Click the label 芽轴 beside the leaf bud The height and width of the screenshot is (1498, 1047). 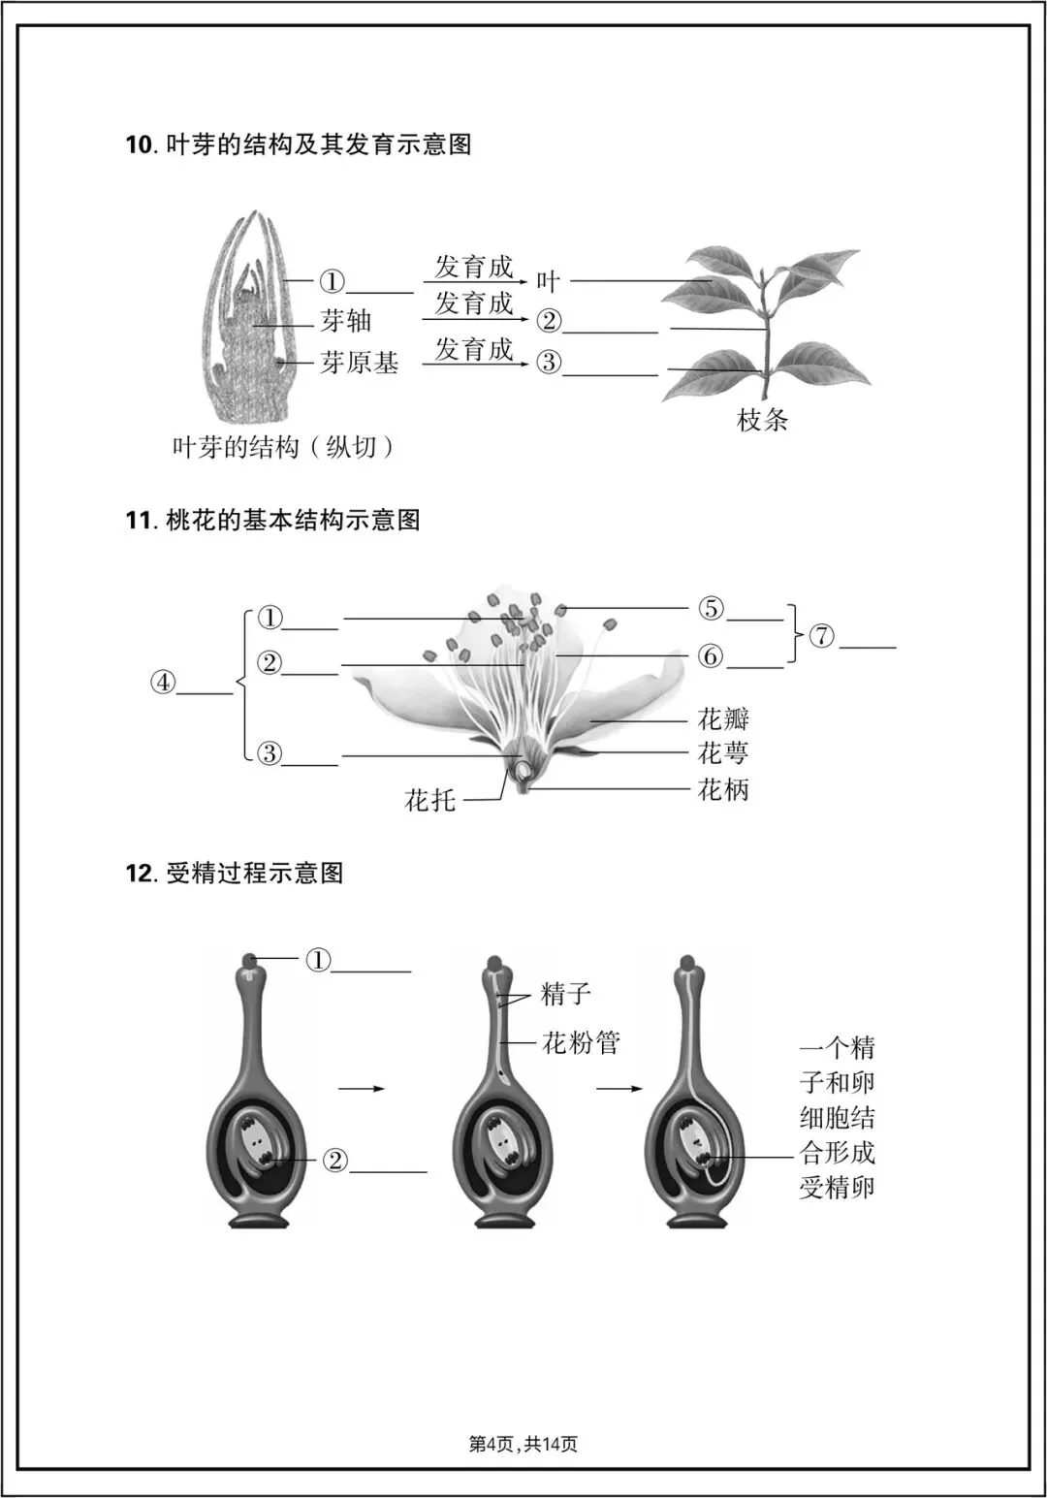(x=346, y=321)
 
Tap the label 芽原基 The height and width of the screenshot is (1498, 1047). (x=360, y=363)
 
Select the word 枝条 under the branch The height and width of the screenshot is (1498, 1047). (x=763, y=420)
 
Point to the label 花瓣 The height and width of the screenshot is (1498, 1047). (x=723, y=719)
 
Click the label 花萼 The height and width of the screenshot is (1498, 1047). (x=723, y=753)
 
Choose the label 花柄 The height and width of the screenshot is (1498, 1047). (x=723, y=789)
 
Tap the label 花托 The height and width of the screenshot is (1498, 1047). (x=429, y=801)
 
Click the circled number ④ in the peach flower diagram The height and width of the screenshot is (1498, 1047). (x=163, y=683)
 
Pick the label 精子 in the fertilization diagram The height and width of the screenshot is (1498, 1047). (x=565, y=994)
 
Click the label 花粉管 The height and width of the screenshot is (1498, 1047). (x=580, y=1043)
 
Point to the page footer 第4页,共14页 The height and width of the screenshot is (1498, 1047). (x=523, y=1445)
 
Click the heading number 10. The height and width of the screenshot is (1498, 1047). (x=139, y=145)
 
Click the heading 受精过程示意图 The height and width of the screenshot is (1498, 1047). (x=255, y=874)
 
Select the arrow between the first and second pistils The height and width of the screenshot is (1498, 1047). (x=362, y=1089)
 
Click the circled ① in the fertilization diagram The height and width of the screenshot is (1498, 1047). (x=319, y=960)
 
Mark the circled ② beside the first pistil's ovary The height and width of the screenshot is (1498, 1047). (x=334, y=1160)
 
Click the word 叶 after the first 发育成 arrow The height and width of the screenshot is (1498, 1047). (x=549, y=282)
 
